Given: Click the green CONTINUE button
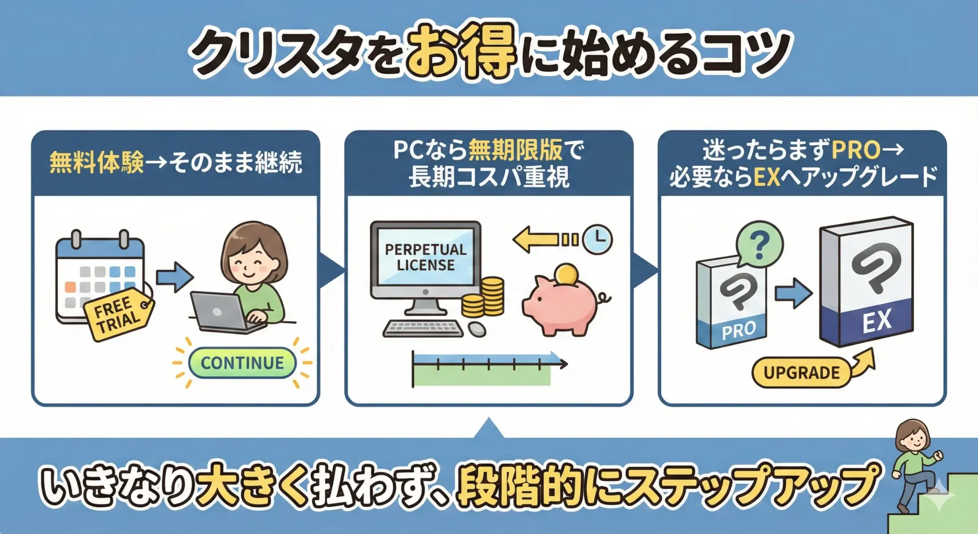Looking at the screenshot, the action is [242, 363].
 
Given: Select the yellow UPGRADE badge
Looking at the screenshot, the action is [801, 372].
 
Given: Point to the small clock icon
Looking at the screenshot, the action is [597, 239].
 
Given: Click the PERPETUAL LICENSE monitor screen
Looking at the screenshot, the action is [425, 257].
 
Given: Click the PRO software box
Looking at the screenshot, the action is [731, 303].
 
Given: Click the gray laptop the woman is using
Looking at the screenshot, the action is [224, 312].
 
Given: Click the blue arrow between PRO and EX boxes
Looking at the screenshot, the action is [793, 293].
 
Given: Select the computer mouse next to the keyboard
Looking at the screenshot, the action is [477, 329].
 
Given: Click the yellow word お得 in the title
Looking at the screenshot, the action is [461, 50].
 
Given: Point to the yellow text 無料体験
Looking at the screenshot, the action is [97, 163].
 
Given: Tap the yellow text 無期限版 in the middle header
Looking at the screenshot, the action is [515, 150].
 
